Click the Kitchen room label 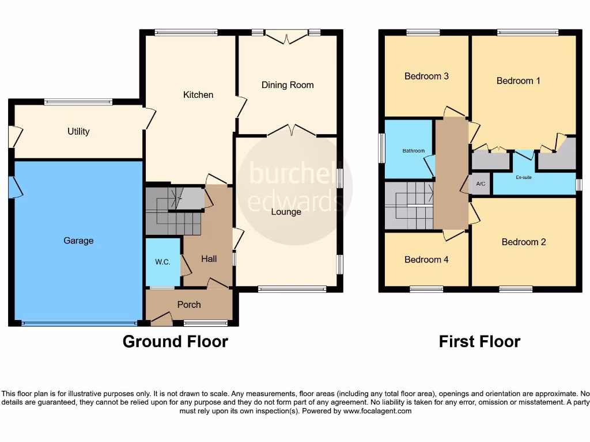click(x=198, y=94)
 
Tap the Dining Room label click(x=288, y=85)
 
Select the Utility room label click(x=78, y=131)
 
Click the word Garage click(x=78, y=241)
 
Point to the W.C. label click(x=162, y=262)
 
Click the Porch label click(x=189, y=304)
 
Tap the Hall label click(x=209, y=259)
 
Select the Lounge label click(x=286, y=212)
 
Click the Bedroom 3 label click(x=426, y=76)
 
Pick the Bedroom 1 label click(x=519, y=81)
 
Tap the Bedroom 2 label click(x=523, y=242)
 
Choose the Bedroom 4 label click(x=426, y=260)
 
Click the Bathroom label click(x=413, y=151)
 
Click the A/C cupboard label click(x=481, y=184)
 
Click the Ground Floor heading click(x=175, y=341)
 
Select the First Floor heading click(x=479, y=341)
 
